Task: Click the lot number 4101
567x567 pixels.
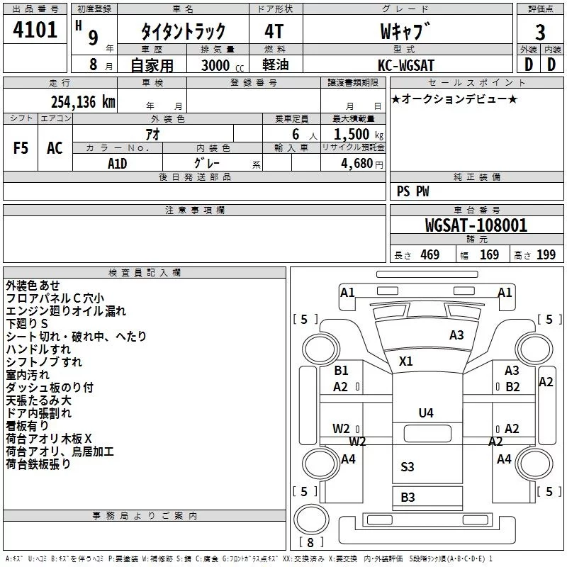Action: point(35,30)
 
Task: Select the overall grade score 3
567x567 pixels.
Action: point(540,32)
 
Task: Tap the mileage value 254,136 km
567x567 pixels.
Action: point(83,101)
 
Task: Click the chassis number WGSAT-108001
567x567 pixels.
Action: point(476,225)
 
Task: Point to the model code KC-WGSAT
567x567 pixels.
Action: point(405,65)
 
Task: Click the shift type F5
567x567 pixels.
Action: point(21,147)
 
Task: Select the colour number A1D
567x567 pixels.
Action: point(117,164)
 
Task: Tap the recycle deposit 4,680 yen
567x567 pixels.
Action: point(362,164)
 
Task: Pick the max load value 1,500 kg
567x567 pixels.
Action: point(359,135)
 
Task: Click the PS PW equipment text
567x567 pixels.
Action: point(412,191)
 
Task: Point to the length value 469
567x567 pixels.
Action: point(430,254)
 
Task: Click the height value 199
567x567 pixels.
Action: point(546,254)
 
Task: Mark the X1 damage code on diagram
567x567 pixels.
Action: point(405,361)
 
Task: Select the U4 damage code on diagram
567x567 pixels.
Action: point(426,412)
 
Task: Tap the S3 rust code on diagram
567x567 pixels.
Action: point(407,466)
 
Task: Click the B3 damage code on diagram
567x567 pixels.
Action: point(408,498)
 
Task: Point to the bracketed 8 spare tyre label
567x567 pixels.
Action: point(310,542)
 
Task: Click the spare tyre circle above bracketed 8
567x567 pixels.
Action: point(311,519)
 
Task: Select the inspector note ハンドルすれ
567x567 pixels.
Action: point(38,349)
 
